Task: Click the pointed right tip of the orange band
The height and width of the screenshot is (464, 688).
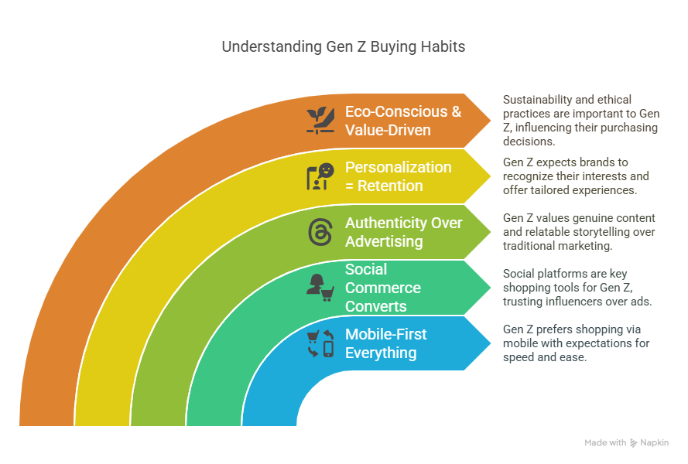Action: pyautogui.click(x=491, y=121)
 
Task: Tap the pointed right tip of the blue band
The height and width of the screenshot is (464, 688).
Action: pyautogui.click(x=491, y=343)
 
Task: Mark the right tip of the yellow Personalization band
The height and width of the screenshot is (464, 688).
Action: pyautogui.click(x=491, y=176)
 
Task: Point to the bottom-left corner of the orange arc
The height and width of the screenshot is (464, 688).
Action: pyautogui.click(x=19, y=426)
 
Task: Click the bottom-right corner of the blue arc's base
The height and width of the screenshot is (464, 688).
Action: pyautogui.click(x=296, y=426)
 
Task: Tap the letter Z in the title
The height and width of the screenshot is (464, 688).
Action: pyautogui.click(x=361, y=46)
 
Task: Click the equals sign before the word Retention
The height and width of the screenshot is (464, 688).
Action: pyautogui.click(x=349, y=186)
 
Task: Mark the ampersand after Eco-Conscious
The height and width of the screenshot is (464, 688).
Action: pyautogui.click(x=457, y=112)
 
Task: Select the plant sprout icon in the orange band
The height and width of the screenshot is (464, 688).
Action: pyautogui.click(x=320, y=120)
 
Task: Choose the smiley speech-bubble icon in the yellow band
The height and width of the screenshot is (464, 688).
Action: pyautogui.click(x=320, y=176)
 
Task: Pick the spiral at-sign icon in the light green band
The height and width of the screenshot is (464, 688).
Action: pyautogui.click(x=320, y=232)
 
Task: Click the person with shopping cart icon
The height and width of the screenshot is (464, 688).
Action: pyautogui.click(x=320, y=288)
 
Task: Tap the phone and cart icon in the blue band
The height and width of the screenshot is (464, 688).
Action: pyautogui.click(x=320, y=343)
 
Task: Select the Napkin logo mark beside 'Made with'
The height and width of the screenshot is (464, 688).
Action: pyautogui.click(x=634, y=443)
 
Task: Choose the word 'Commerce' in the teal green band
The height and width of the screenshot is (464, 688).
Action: pyautogui.click(x=383, y=288)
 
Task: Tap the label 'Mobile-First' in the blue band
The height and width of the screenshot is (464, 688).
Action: pyautogui.click(x=385, y=335)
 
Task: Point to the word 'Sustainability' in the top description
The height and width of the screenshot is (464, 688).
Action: pyautogui.click(x=543, y=100)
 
